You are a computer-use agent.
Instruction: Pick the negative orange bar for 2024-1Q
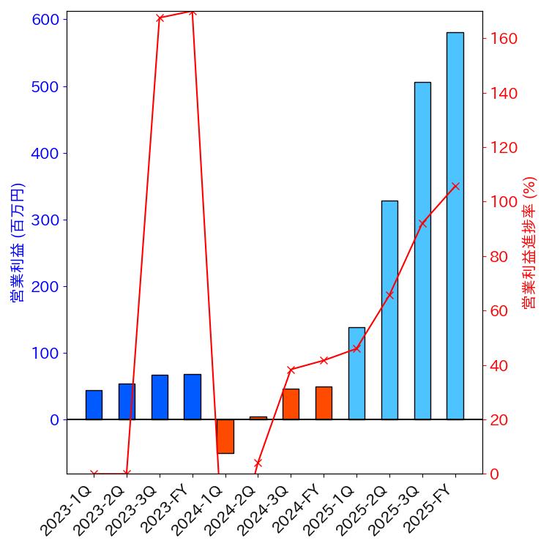point(225,436)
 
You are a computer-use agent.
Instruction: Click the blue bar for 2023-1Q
point(94,405)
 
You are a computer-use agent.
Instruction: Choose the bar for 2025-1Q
point(356,373)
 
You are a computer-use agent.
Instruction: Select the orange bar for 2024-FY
point(324,403)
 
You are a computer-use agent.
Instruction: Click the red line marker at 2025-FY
point(455,186)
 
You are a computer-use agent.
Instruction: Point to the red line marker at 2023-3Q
point(160,18)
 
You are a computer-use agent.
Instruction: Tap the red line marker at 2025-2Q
point(389,294)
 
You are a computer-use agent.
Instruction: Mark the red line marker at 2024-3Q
point(291,370)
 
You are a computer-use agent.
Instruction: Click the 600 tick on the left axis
point(45,20)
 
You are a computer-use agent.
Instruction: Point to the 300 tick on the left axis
point(45,220)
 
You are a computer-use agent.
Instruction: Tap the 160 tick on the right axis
point(504,39)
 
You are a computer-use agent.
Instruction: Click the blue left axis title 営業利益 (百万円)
point(18,242)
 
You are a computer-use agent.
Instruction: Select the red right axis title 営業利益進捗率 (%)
point(529,242)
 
